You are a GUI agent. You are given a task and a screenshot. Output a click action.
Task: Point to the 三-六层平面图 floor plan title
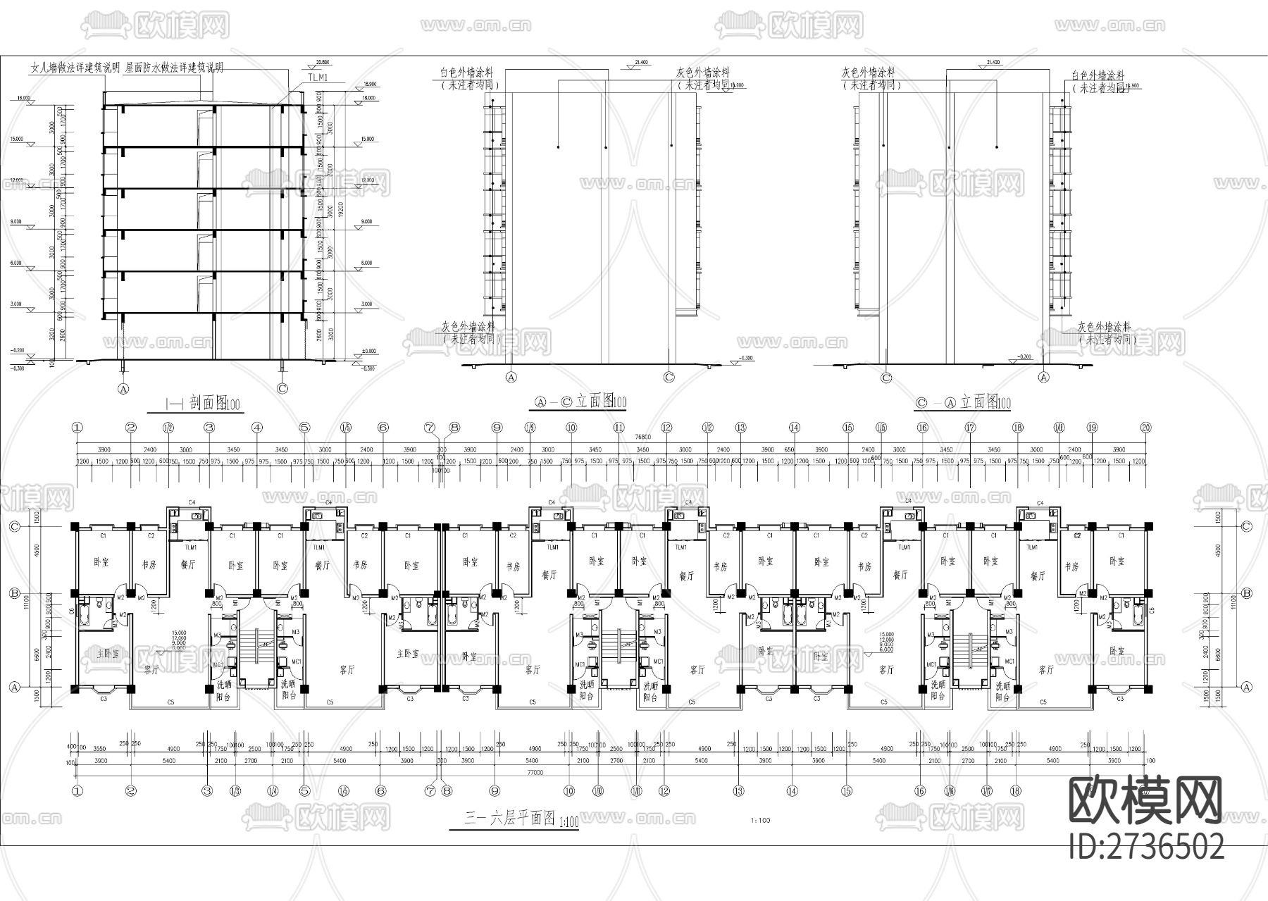coord(511,819)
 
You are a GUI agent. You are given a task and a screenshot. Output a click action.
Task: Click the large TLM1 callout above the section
coord(318,77)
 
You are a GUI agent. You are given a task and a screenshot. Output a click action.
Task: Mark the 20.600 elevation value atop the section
coord(323,62)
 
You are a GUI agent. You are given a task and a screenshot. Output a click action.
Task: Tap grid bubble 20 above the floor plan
coord(1145,427)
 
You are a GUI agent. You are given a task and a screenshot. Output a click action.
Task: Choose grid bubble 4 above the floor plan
coord(257,427)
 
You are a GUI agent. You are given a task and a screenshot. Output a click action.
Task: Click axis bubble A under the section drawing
coord(125,388)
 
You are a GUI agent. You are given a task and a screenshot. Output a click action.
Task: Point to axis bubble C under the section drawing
coord(282,388)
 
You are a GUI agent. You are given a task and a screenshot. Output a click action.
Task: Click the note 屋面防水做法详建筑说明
coord(175,68)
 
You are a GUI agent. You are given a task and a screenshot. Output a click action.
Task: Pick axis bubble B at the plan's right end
coord(1246,594)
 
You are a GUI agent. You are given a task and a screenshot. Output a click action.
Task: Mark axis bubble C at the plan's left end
coord(13,526)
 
